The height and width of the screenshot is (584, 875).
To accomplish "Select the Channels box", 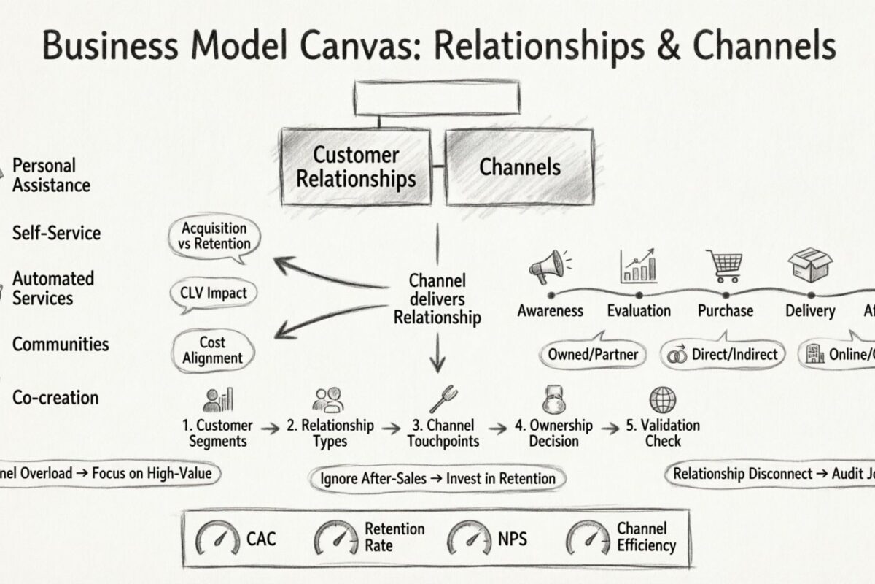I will (519, 167).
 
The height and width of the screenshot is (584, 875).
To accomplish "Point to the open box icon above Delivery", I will (810, 266).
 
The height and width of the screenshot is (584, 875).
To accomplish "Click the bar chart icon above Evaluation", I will (638, 266).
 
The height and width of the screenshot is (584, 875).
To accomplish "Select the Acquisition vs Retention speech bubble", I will (214, 237).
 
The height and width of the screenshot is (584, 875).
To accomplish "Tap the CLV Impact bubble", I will (214, 293).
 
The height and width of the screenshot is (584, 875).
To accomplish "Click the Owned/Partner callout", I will (594, 355).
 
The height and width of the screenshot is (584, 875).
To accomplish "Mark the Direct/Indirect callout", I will (723, 355).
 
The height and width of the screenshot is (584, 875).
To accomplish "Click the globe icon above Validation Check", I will (663, 400).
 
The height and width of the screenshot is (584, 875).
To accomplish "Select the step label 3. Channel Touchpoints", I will (443, 433).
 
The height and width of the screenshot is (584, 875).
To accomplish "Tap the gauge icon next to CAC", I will (217, 540).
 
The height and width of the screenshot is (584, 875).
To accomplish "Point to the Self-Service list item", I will (56, 234).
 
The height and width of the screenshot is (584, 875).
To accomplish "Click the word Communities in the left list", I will (61, 344).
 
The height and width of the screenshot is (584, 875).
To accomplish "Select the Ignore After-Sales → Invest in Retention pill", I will (437, 479).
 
